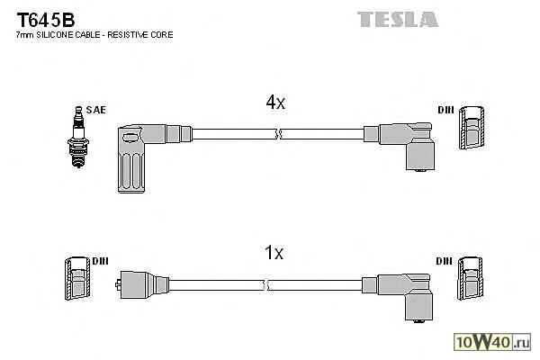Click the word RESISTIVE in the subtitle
click(x=137, y=34)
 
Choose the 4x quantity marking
click(x=274, y=103)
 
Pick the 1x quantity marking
click(x=274, y=254)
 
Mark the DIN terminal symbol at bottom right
click(x=470, y=279)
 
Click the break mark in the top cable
click(x=279, y=134)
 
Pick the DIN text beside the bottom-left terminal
click(x=99, y=261)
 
